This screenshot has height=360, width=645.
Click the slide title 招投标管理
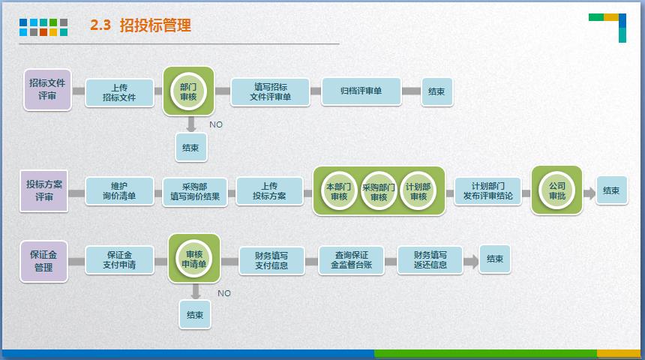coord(154,25)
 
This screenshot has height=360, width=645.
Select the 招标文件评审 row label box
coord(47,89)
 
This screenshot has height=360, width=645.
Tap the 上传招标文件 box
coord(118,92)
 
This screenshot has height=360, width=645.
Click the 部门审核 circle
coord(188,91)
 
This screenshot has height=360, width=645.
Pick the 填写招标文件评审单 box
coord(270,91)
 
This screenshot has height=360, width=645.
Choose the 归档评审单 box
coord(361,91)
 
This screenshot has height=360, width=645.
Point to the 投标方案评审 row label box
coord(44,190)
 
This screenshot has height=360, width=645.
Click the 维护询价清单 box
coord(119,191)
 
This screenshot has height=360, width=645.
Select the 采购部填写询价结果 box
coord(194,192)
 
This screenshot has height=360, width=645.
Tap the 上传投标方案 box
coord(269,191)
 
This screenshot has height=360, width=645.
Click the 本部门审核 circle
coord(339,191)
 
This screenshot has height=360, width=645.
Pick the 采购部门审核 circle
coord(379,191)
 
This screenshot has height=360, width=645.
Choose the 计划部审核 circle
coord(418,191)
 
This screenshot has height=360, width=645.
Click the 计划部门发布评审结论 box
coord(487,190)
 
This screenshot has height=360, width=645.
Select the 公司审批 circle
coord(556,190)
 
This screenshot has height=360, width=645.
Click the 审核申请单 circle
coord(194,259)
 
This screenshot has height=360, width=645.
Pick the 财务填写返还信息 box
coord(430,259)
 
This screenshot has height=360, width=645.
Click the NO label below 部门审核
coord(216,124)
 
